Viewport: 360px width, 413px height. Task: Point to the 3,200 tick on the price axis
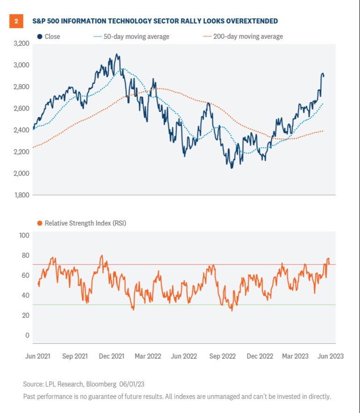(21, 44)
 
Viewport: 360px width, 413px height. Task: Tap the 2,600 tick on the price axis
(21, 108)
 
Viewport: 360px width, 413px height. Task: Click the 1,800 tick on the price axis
(21, 195)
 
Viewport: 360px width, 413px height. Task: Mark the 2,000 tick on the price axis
(21, 173)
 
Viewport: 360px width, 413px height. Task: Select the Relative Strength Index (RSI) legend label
(85, 223)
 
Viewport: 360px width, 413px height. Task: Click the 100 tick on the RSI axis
(24, 235)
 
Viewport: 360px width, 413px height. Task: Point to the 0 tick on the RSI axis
(27, 335)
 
